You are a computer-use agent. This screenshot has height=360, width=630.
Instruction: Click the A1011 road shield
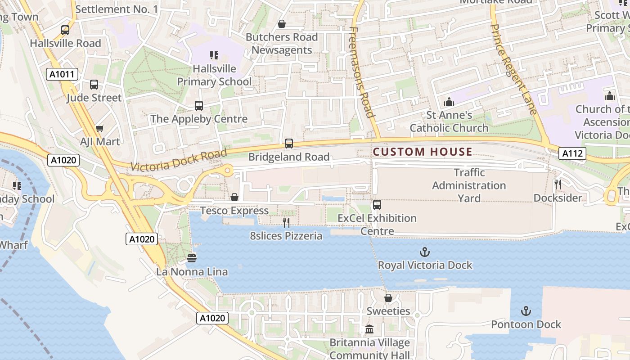tap(62, 74)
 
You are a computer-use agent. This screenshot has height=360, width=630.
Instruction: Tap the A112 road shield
tap(572, 154)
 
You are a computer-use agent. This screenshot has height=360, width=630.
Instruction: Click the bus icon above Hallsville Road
tap(65, 30)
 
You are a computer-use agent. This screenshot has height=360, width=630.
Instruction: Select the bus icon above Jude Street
tap(94, 85)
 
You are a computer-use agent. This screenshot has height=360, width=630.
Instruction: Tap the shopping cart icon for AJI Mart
tap(100, 129)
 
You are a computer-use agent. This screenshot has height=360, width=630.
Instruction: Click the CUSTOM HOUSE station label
tap(423, 152)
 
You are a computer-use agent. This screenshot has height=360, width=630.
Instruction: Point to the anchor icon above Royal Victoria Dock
tap(425, 252)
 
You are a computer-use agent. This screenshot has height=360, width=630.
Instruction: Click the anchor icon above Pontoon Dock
tap(526, 311)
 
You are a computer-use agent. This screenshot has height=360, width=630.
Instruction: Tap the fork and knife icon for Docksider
tap(558, 184)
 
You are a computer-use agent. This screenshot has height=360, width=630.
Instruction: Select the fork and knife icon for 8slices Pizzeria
tap(286, 222)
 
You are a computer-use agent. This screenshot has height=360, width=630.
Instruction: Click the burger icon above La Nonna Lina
tap(192, 258)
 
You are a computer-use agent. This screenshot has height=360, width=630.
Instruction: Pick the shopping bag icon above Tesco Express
tap(234, 197)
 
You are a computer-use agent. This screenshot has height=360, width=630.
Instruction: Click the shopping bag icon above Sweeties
tap(388, 298)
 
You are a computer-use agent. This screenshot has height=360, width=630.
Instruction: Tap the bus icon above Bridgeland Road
tap(289, 144)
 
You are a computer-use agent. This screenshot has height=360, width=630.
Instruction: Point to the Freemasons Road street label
tap(362, 72)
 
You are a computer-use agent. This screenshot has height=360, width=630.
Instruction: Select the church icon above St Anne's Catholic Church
tap(449, 102)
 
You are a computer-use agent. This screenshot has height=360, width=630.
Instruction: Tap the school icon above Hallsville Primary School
tap(214, 55)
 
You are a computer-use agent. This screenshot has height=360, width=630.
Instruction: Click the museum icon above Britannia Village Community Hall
tap(369, 329)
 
